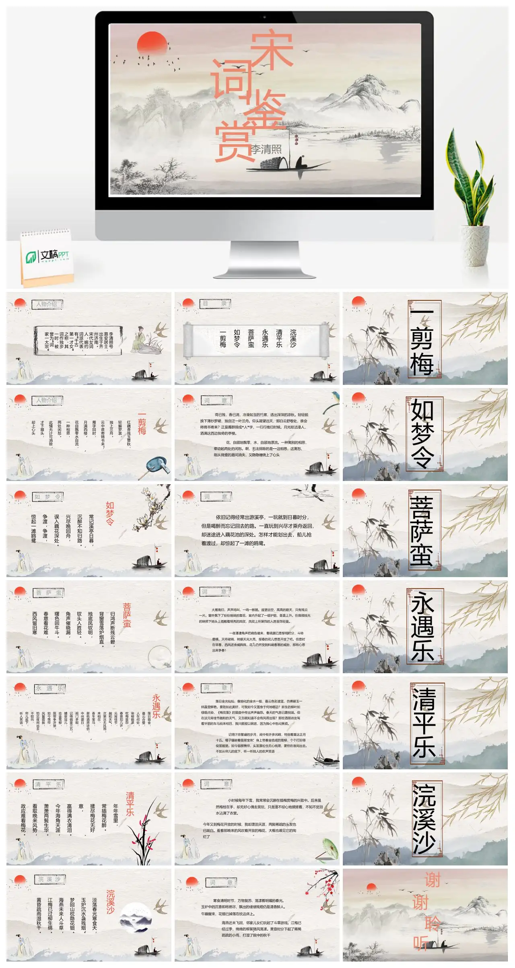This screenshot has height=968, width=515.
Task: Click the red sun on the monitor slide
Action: (x=152, y=43)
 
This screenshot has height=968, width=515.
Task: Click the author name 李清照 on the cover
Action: (x=266, y=149)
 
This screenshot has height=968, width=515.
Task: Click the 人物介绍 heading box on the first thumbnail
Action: (x=47, y=304)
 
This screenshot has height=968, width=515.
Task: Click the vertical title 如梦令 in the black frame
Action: (x=422, y=434)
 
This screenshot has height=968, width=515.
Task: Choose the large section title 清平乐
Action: (x=424, y=723)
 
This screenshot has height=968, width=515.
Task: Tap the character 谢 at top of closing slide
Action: (x=433, y=879)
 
